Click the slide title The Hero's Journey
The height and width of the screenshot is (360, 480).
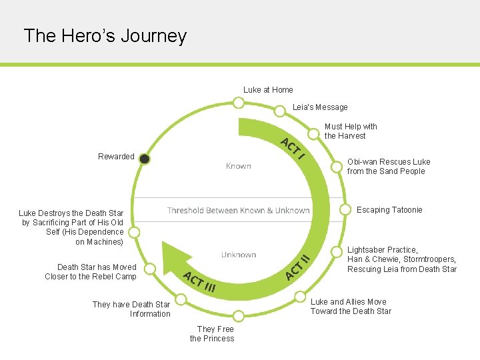pyautogui.click(x=105, y=35)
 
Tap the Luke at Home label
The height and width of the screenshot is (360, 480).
pyautogui.click(x=268, y=90)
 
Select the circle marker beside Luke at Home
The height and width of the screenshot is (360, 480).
pyautogui.click(x=238, y=103)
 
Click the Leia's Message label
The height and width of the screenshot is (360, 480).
pyautogui.click(x=320, y=107)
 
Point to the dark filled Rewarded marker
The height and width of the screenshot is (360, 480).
pyautogui.click(x=145, y=159)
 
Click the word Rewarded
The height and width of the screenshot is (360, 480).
pyautogui.click(x=116, y=157)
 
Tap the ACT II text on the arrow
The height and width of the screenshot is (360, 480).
pyautogui.click(x=297, y=267)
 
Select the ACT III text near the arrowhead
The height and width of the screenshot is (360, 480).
pyautogui.click(x=199, y=283)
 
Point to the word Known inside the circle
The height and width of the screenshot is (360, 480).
pyautogui.click(x=238, y=166)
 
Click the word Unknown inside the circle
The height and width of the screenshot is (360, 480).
pyautogui.click(x=239, y=255)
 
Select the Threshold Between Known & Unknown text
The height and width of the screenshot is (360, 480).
pyautogui.click(x=238, y=211)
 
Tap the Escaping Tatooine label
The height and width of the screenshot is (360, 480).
pyautogui.click(x=389, y=210)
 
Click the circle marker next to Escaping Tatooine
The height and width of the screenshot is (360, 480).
pyautogui.click(x=345, y=209)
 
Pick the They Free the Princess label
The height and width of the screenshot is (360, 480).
pyautogui.click(x=212, y=333)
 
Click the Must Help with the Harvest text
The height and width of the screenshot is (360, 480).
pyautogui.click(x=350, y=131)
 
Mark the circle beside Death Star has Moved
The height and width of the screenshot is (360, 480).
pyautogui.click(x=151, y=269)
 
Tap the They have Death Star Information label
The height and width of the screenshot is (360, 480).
pyautogui.click(x=131, y=309)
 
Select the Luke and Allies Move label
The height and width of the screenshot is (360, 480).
pyautogui.click(x=351, y=307)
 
